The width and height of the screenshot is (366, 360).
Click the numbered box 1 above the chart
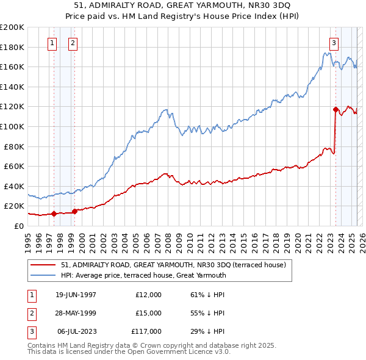pos(52,43)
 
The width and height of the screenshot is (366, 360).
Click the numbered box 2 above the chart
pos(73,43)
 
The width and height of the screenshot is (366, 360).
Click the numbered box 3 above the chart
pos(334,43)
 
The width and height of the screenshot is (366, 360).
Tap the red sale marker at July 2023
pos(335,110)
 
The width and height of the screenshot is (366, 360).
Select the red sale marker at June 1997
pos(54,214)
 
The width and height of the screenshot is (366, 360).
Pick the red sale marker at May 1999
pos(74,211)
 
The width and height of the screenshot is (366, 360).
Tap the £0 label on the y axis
pos(18,226)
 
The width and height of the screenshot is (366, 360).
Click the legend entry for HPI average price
pos(143,275)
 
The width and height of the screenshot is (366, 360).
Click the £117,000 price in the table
pos(146,331)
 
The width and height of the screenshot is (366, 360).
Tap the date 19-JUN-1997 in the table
pos(76,295)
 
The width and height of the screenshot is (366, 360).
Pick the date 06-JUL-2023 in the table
pos(77,331)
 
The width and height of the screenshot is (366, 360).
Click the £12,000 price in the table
pos(148,295)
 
